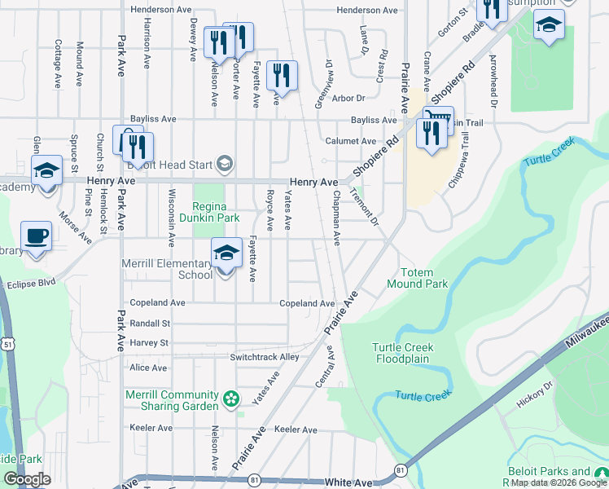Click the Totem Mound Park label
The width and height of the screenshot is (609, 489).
(424, 278)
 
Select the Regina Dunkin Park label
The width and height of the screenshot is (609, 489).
(216, 213)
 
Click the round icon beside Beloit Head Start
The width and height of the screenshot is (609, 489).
(224, 165)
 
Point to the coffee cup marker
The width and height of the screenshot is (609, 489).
(36, 236)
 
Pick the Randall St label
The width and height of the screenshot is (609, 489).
(149, 324)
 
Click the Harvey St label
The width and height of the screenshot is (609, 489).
(148, 343)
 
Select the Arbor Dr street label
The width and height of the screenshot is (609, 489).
(348, 98)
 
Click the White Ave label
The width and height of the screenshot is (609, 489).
(348, 482)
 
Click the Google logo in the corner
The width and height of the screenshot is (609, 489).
(26, 480)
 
